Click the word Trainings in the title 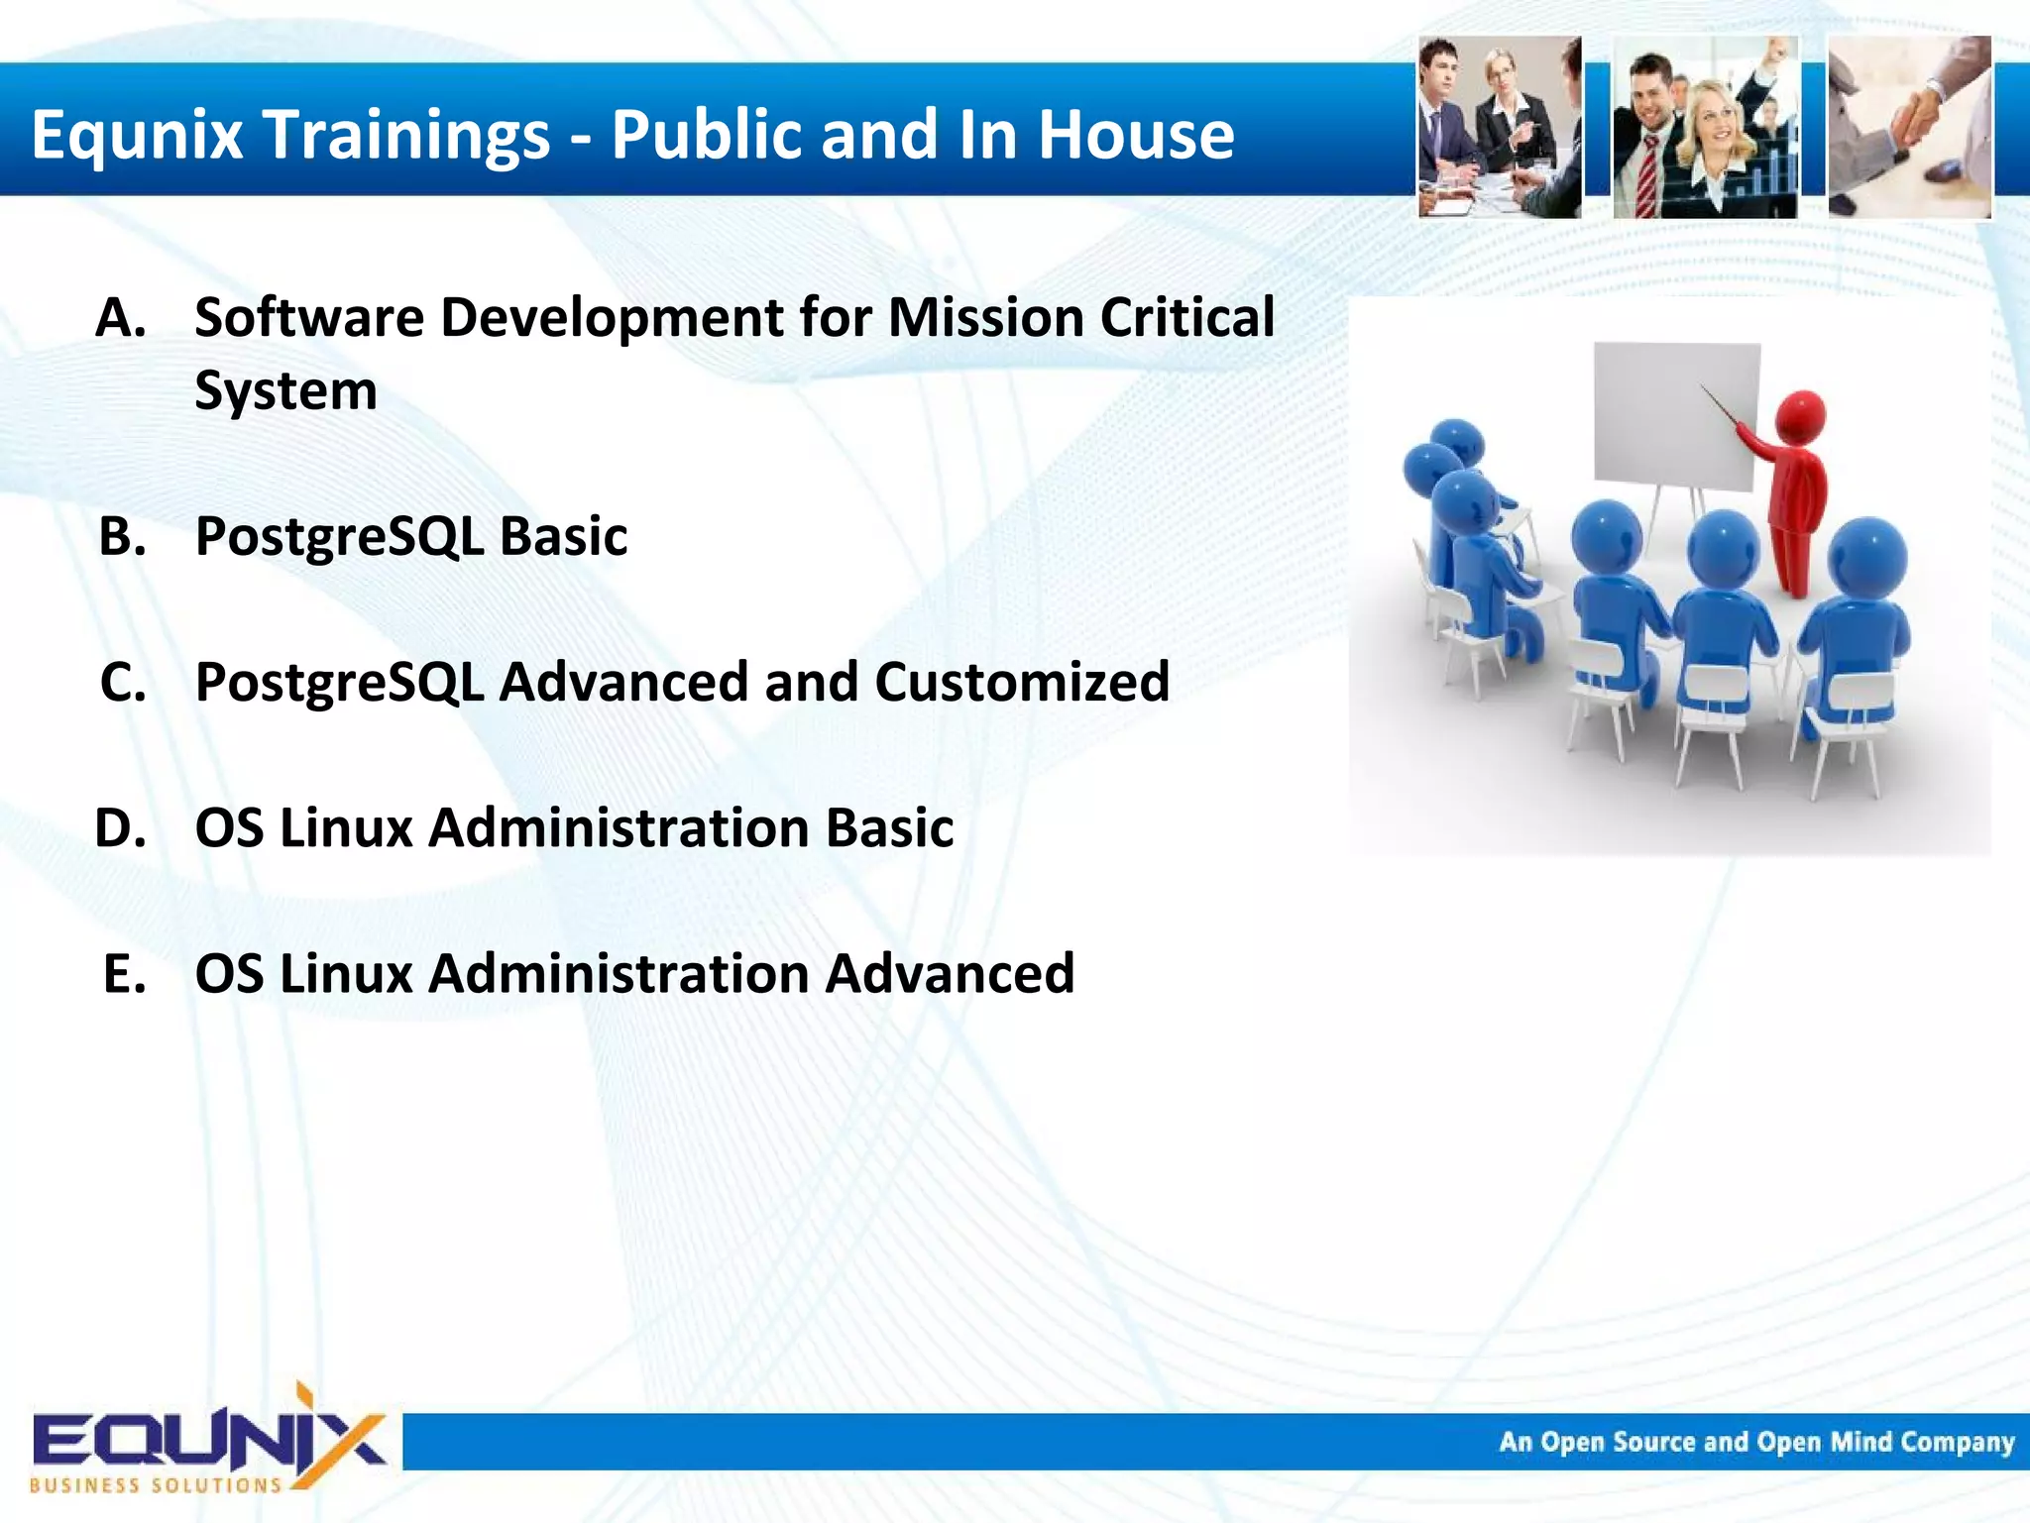pyautogui.click(x=407, y=136)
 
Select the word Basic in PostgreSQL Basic pyautogui.click(x=563, y=537)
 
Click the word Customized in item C pyautogui.click(x=1021, y=683)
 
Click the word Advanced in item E pyautogui.click(x=950, y=974)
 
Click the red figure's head pyautogui.click(x=1800, y=416)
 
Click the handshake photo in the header pyautogui.click(x=1909, y=127)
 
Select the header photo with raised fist pyautogui.click(x=1705, y=127)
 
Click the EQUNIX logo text pyautogui.click(x=208, y=1440)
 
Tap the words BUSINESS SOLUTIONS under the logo pyautogui.click(x=156, y=1485)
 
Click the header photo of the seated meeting pyautogui.click(x=1499, y=127)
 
